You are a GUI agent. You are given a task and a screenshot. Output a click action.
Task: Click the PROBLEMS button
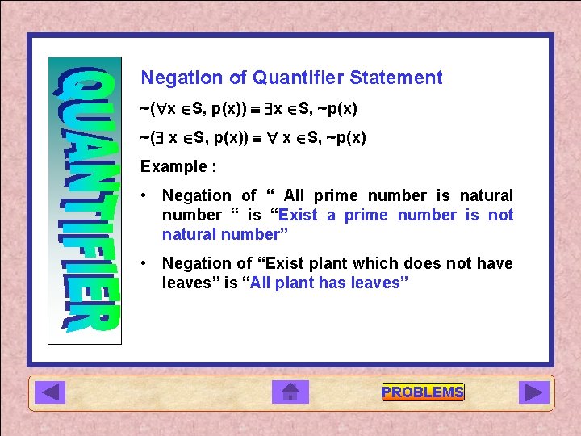coord(423,392)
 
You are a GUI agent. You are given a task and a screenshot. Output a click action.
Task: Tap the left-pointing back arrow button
coord(53,392)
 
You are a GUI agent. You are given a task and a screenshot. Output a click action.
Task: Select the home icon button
coord(290,392)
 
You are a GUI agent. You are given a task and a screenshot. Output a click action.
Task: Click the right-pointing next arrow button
coord(533,392)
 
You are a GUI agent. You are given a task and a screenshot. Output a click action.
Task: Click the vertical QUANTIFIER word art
coord(86,199)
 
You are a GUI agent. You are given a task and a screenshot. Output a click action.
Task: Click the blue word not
coord(500,215)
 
